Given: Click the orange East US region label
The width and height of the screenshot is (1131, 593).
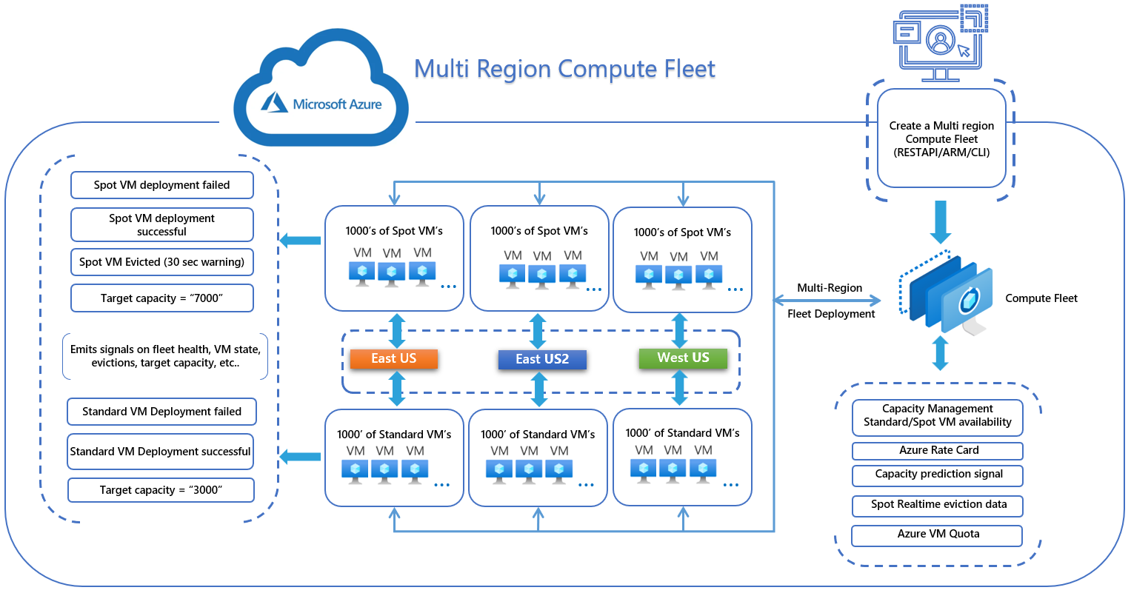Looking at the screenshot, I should pyautogui.click(x=394, y=359).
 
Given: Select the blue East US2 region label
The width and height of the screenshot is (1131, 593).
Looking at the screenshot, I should pyautogui.click(x=542, y=360).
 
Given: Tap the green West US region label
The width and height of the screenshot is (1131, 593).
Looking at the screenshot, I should pyautogui.click(x=683, y=358).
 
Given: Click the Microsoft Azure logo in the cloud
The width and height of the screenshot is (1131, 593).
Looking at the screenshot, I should pyautogui.click(x=321, y=104).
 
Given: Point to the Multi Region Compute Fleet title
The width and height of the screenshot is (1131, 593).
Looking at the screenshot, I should pyautogui.click(x=564, y=69).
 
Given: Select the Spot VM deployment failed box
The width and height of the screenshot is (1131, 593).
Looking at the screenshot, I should pyautogui.click(x=162, y=185).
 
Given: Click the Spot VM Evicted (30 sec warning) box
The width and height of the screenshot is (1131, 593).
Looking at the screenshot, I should pyautogui.click(x=162, y=262).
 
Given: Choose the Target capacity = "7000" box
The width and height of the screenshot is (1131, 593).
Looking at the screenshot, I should pyautogui.click(x=162, y=298).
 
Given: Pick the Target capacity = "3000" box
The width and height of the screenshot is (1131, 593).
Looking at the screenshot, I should pyautogui.click(x=161, y=490).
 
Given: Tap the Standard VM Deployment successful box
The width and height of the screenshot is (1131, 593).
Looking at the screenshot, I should pyautogui.click(x=160, y=452).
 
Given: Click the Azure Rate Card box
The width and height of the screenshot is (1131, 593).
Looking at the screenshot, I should pyautogui.click(x=938, y=451).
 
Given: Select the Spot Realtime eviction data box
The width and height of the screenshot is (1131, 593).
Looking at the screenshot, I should pyautogui.click(x=938, y=505).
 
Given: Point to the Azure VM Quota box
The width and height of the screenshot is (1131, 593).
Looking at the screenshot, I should pyautogui.click(x=938, y=535).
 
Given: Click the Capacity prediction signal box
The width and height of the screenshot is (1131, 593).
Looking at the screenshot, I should pyautogui.click(x=938, y=475).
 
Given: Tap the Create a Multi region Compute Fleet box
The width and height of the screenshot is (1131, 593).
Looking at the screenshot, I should pyautogui.click(x=941, y=139).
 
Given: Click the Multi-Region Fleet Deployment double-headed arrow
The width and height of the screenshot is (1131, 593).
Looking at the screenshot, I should pyautogui.click(x=827, y=301).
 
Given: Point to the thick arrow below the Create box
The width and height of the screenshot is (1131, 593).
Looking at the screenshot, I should pyautogui.click(x=941, y=221).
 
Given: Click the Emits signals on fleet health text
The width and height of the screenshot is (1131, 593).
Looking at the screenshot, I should pyautogui.click(x=165, y=356).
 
